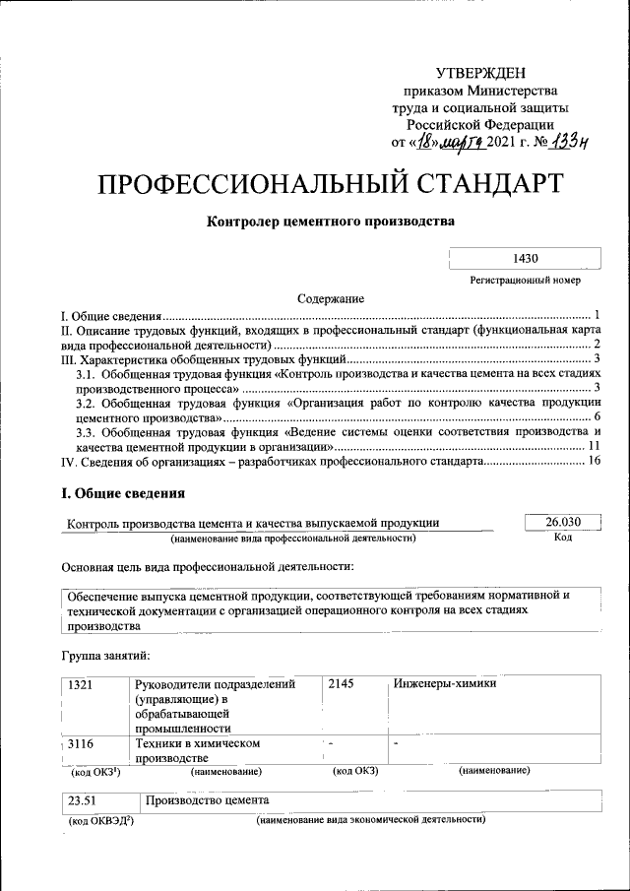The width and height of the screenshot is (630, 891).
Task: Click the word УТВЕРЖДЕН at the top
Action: [480, 74]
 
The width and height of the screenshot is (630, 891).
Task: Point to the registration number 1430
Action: [525, 259]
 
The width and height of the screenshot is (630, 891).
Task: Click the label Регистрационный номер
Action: [525, 281]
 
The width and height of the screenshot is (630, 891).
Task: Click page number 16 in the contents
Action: [593, 461]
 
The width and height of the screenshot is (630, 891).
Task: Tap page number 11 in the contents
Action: [594, 446]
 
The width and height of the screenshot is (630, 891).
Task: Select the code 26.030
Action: [561, 522]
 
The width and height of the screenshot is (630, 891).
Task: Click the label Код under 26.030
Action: [562, 538]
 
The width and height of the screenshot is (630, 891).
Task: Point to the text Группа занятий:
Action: [105, 655]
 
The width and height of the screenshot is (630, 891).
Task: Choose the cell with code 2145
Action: [340, 685]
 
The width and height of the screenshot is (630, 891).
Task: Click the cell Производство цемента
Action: [207, 801]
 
